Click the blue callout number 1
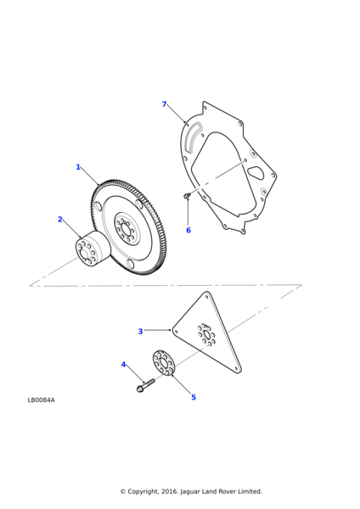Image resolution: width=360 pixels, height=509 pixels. pyautogui.click(x=78, y=167)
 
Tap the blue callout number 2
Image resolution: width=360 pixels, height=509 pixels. pyautogui.click(x=59, y=220)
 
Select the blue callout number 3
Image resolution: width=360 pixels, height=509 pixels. pyautogui.click(x=140, y=332)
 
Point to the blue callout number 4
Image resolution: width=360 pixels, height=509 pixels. pyautogui.click(x=123, y=365)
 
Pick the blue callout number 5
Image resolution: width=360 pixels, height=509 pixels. pyautogui.click(x=194, y=397)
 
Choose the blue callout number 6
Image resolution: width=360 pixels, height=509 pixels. pyautogui.click(x=188, y=230)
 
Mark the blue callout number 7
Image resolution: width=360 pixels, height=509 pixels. pyautogui.click(x=165, y=104)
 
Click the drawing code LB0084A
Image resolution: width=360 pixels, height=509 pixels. pyautogui.click(x=42, y=400)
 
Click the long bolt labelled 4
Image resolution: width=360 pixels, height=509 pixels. pyautogui.click(x=146, y=385)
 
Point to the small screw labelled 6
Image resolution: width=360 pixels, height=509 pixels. pyautogui.click(x=187, y=195)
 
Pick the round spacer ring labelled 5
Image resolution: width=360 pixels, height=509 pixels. pyautogui.click(x=164, y=362)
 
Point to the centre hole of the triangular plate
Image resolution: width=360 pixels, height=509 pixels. pyautogui.click(x=206, y=334)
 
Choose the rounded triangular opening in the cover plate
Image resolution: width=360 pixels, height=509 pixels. pyautogui.click(x=256, y=173)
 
